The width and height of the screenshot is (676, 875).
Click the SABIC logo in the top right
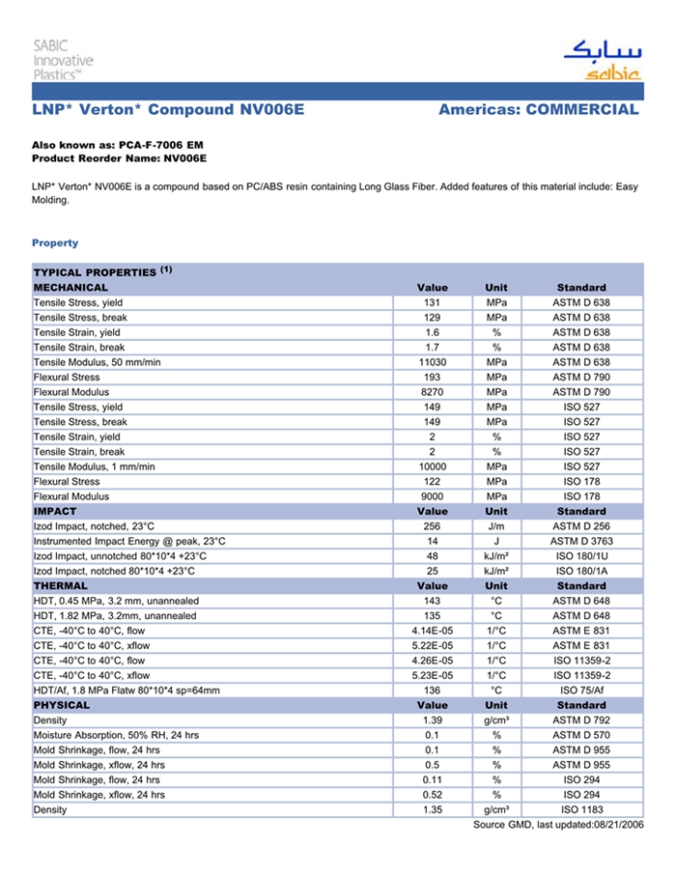[x=600, y=61]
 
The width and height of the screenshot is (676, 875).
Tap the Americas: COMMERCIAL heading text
[x=538, y=110]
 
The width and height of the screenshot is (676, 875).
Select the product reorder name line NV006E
[x=119, y=157]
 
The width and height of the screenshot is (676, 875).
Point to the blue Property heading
[x=55, y=243]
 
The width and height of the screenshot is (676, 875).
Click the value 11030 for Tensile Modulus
[x=432, y=362]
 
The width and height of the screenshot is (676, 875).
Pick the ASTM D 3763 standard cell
[x=581, y=542]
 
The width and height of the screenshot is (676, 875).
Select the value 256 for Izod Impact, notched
[x=432, y=526]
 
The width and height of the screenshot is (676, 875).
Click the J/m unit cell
[x=496, y=526]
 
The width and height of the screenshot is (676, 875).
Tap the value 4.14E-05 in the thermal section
[x=432, y=631]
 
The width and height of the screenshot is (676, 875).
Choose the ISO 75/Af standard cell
[x=581, y=691]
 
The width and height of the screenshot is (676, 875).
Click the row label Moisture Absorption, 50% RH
[x=117, y=736]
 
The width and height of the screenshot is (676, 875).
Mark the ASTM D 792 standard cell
[x=581, y=720]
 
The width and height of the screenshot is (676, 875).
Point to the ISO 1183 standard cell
[x=581, y=810]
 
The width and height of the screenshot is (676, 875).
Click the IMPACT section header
[x=55, y=512]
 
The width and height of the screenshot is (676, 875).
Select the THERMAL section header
[x=61, y=586]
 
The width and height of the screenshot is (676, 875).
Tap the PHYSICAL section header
[x=63, y=706]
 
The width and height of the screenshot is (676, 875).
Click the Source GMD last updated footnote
[x=557, y=825]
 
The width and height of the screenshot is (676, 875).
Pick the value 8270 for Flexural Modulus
[x=432, y=392]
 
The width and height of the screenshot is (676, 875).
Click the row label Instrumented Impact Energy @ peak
[x=129, y=542]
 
